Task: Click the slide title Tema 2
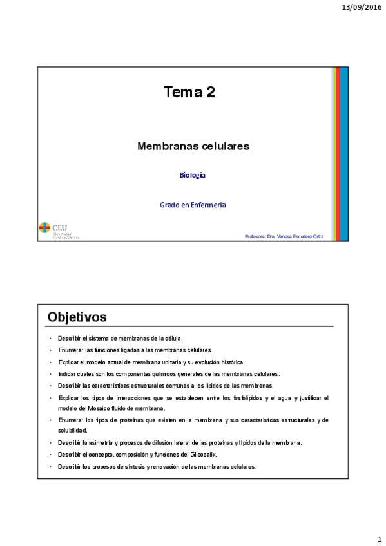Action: tap(189, 93)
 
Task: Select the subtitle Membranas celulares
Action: tap(193, 147)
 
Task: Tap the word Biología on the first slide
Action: tap(193, 175)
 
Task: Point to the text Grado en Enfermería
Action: tap(193, 205)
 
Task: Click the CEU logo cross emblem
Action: tap(44, 227)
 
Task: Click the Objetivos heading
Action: tap(77, 317)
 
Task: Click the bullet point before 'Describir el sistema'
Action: tap(49, 339)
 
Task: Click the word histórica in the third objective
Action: tap(230, 362)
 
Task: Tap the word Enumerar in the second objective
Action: tap(70, 350)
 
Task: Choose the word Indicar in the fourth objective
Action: tap(66, 374)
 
